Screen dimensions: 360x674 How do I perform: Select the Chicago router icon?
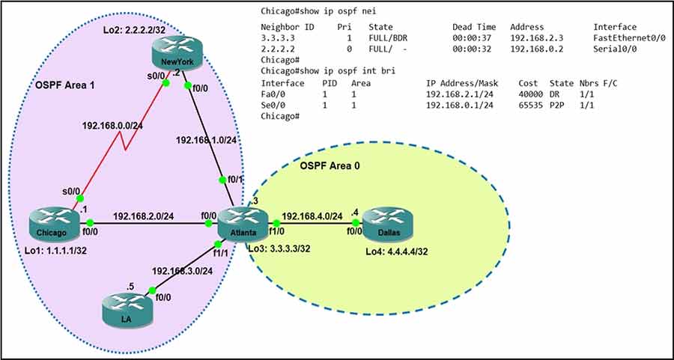[x=55, y=223]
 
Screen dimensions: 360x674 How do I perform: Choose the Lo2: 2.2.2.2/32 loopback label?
[x=134, y=28]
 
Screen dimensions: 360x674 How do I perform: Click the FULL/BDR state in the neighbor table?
[x=387, y=37]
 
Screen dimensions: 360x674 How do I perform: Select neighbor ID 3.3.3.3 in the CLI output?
[x=278, y=37]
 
